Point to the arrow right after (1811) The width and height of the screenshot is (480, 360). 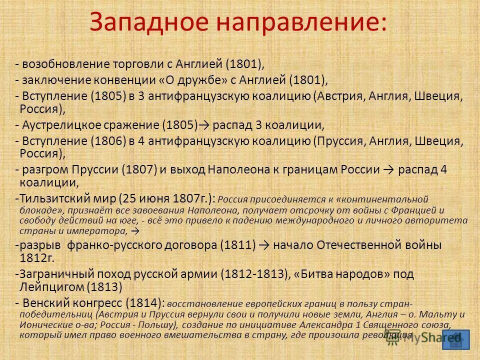pos(264,245)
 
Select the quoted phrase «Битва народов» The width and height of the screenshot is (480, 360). pos(341,274)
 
